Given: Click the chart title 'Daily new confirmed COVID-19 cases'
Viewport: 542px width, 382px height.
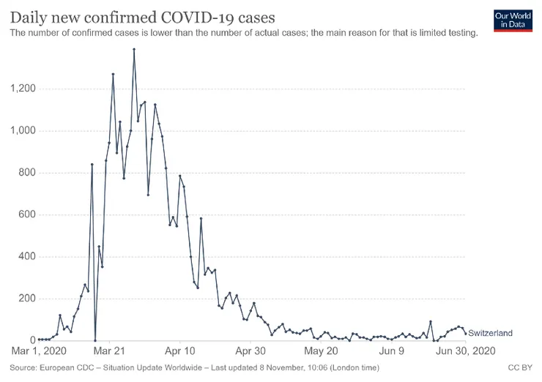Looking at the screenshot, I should pos(142,15).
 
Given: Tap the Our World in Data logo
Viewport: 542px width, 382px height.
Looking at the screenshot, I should pos(512,20).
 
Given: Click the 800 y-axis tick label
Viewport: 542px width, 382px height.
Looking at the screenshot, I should pos(27,173).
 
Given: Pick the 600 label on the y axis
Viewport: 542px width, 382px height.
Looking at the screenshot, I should pos(27,215).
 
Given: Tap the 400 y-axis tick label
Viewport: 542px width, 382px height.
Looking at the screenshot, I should pos(27,257).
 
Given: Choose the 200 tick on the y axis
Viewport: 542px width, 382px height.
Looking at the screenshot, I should pos(27,299).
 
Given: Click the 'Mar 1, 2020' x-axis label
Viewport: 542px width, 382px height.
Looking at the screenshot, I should pos(40,351).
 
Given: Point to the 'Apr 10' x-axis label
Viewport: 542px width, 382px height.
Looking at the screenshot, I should pos(179,351).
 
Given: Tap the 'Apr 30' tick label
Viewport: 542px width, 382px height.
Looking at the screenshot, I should pos(250,351).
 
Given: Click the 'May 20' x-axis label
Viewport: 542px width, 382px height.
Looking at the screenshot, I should pos(322,351).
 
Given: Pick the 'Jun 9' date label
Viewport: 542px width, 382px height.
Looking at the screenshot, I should pos(393,351).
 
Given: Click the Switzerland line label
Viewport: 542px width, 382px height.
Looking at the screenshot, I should pos(489,333).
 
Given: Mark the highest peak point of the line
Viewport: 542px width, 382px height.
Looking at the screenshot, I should pos(134,49).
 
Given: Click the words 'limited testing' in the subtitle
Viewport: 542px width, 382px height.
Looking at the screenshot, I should pos(448,33).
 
